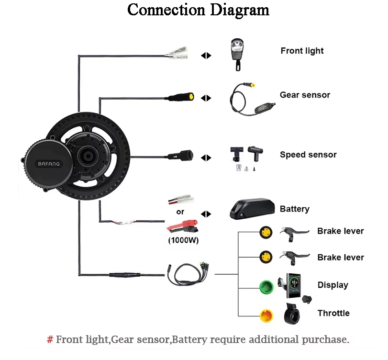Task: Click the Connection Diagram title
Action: click(x=199, y=10)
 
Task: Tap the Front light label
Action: click(x=302, y=51)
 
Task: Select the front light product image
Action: click(x=237, y=54)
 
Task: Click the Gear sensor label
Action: click(x=305, y=95)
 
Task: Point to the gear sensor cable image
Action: click(x=249, y=98)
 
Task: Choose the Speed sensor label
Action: click(x=308, y=155)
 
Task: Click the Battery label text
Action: click(x=294, y=209)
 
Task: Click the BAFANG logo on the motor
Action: click(x=49, y=164)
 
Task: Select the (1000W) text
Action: click(x=183, y=240)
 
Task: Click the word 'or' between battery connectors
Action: click(x=180, y=211)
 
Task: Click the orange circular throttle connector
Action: click(x=266, y=315)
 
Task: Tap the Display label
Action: click(x=333, y=285)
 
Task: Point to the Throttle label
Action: click(x=333, y=313)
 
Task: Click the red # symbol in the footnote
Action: click(x=50, y=340)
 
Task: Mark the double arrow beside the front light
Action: click(x=206, y=56)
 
